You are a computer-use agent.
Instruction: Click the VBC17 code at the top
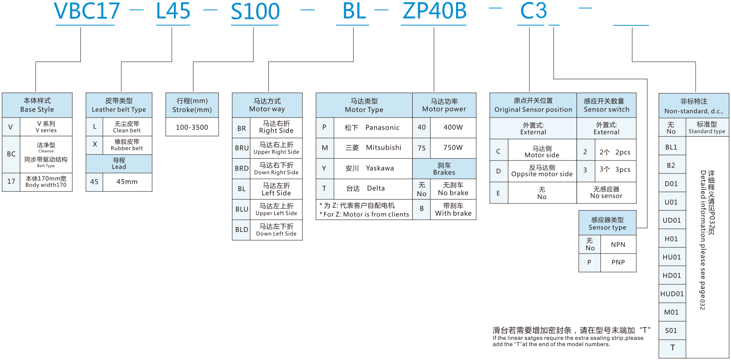[x=87, y=11]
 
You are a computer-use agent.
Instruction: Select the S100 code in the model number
[x=255, y=11]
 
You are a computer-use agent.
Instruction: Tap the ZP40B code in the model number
[x=434, y=11]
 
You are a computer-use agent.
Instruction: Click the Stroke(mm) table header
[x=192, y=105]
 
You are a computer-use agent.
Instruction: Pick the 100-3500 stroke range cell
[x=192, y=127]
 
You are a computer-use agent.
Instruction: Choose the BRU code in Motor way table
[x=242, y=148]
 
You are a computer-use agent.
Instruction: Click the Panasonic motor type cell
[x=372, y=128]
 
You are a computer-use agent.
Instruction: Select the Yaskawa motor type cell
[x=372, y=168]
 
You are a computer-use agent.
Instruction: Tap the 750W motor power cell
[x=453, y=148]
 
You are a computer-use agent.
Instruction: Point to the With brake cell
[x=453, y=210]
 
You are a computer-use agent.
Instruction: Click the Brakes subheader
[x=444, y=169]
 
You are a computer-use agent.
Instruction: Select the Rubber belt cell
[x=127, y=145]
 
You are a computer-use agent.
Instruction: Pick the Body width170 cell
[x=46, y=182]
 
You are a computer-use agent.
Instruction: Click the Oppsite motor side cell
[x=542, y=171]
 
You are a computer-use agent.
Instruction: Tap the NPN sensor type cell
[x=618, y=245]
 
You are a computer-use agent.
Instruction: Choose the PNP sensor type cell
[x=618, y=262]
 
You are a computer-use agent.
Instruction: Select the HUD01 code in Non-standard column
[x=672, y=294]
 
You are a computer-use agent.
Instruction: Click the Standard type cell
[x=707, y=128]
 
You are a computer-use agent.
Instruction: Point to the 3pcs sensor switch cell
[x=615, y=170]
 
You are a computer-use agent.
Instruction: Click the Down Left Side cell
[x=276, y=230]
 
